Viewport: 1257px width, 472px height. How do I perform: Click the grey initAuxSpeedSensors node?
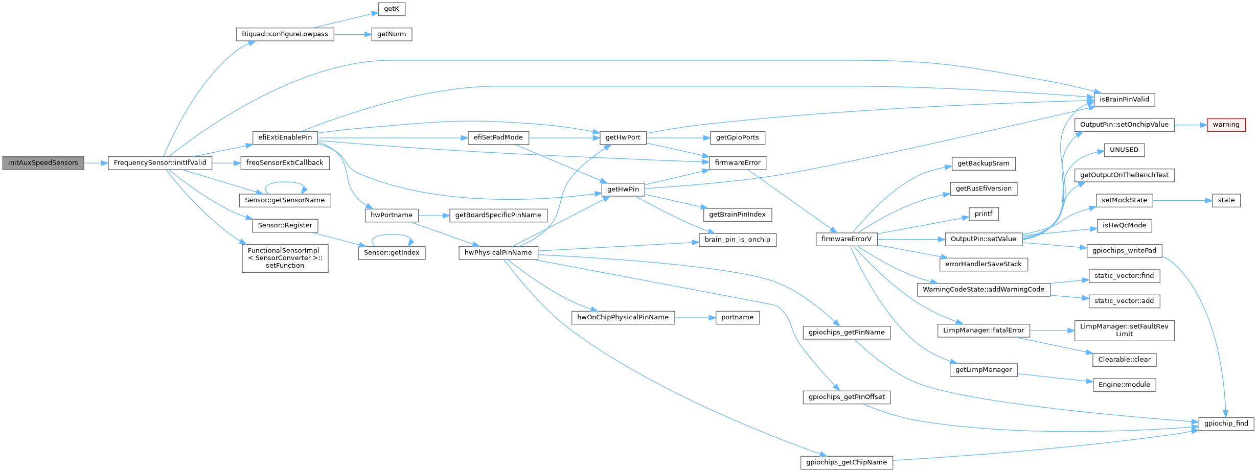(x=43, y=163)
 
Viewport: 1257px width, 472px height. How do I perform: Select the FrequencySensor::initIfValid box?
(x=159, y=163)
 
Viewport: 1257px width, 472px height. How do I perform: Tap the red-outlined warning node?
(x=1226, y=125)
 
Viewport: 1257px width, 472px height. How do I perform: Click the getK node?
(x=391, y=9)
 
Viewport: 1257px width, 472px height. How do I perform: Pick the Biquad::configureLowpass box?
(x=285, y=34)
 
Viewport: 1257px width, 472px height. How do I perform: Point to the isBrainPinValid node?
(x=1124, y=100)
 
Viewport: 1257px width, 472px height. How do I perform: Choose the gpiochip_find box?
(x=1226, y=423)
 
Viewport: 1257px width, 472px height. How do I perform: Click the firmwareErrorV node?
(x=846, y=239)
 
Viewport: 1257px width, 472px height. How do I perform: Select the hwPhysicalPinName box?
(x=498, y=253)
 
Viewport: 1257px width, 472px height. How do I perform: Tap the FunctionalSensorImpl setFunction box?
(x=285, y=258)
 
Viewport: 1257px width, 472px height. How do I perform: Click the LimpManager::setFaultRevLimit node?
(x=1124, y=330)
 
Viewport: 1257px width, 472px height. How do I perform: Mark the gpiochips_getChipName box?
(x=846, y=463)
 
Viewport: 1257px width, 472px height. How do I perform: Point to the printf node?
(x=983, y=214)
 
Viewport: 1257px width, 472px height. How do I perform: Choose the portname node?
(x=737, y=317)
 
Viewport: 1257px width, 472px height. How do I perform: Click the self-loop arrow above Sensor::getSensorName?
(x=285, y=182)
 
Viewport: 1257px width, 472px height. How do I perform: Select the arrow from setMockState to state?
(x=1182, y=201)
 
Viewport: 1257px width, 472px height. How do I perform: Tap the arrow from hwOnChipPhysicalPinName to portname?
(x=695, y=318)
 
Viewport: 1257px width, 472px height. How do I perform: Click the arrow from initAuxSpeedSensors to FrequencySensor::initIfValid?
(x=96, y=163)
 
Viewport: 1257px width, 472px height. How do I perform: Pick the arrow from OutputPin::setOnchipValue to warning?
(x=1191, y=125)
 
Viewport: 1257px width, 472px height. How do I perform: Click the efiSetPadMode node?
(x=498, y=137)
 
